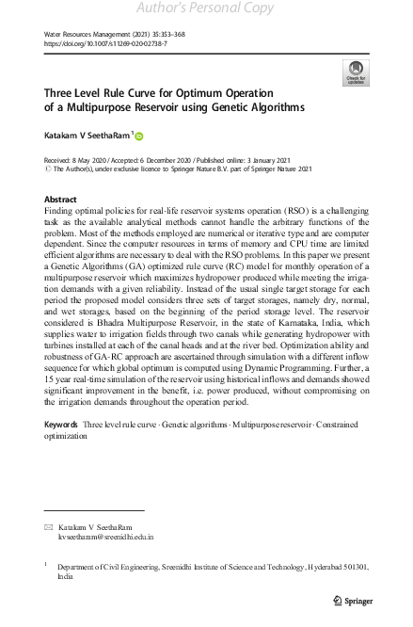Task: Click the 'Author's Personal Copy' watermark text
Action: point(206,8)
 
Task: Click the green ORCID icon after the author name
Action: point(139,137)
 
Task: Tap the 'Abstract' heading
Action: point(61,201)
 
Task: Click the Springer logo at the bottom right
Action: point(355,600)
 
